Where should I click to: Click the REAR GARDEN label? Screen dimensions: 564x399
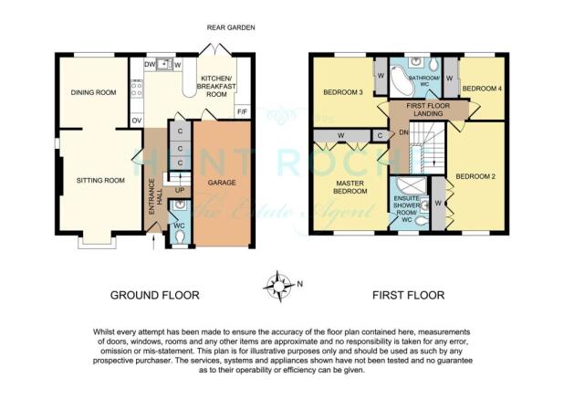click(231, 27)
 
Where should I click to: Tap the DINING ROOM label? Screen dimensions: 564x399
click(93, 92)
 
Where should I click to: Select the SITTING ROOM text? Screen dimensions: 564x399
click(100, 180)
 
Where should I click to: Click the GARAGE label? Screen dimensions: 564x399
click(222, 183)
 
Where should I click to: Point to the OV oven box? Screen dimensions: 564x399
click(136, 121)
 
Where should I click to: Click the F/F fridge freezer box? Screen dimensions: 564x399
click(242, 112)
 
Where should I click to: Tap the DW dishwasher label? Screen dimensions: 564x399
click(150, 65)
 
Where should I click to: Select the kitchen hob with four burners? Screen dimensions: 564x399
click(137, 89)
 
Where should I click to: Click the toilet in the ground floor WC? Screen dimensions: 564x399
click(179, 237)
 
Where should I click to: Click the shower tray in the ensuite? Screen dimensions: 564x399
click(411, 186)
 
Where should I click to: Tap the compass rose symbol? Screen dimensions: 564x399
click(278, 287)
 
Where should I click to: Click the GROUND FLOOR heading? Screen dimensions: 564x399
click(154, 296)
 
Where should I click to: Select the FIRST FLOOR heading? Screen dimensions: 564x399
click(408, 296)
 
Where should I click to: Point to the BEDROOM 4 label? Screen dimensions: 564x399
click(482, 89)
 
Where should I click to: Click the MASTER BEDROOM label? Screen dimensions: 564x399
click(350, 187)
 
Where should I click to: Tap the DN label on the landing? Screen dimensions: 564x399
click(403, 132)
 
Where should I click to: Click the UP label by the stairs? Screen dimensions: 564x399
click(180, 190)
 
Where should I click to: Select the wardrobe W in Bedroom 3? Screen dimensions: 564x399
click(381, 77)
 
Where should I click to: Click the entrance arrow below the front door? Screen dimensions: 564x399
click(154, 242)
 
